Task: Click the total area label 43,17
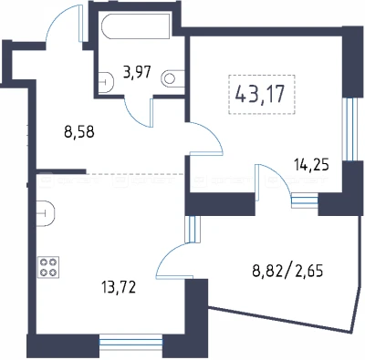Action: click(x=260, y=94)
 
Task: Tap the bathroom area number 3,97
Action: click(x=137, y=73)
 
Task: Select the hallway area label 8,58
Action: click(x=79, y=133)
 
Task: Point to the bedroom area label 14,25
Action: click(x=312, y=166)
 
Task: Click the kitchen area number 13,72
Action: click(x=119, y=287)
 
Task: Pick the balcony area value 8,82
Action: click(x=267, y=271)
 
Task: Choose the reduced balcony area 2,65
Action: click(x=308, y=271)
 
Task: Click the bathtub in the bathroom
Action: click(x=136, y=26)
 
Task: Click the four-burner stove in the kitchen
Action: click(x=48, y=267)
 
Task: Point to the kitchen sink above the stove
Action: click(x=46, y=213)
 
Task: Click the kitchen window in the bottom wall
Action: click(x=131, y=343)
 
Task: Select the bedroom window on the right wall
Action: click(x=349, y=129)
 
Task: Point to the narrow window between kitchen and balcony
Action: click(x=192, y=229)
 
